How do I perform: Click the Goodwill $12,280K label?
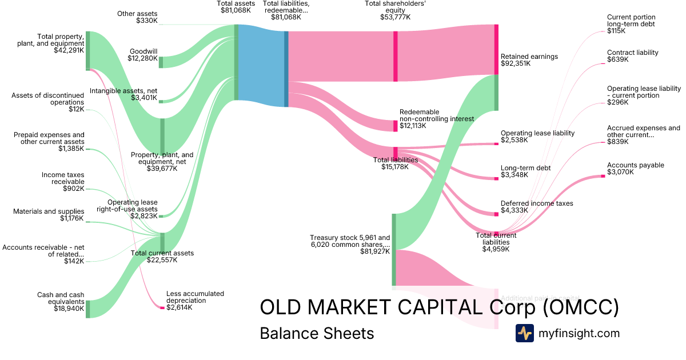pyautogui.click(x=143, y=54)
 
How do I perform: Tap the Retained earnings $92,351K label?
pyautogui.click(x=529, y=60)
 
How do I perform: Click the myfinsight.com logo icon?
pyautogui.click(x=524, y=333)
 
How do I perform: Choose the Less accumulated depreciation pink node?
pyautogui.click(x=162, y=308)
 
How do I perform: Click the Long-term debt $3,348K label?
pyautogui.click(x=525, y=171)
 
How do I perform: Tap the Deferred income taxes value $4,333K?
pyautogui.click(x=514, y=210)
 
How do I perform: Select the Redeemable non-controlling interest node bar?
pyautogui.click(x=395, y=126)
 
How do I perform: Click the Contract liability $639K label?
pyautogui.click(x=632, y=56)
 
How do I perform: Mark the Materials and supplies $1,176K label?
pyautogui.click(x=49, y=215)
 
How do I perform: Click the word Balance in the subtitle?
pyautogui.click(x=286, y=333)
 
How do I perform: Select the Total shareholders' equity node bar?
pyautogui.click(x=395, y=57)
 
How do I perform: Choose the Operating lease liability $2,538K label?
pyautogui.click(x=537, y=137)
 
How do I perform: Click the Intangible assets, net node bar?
pyautogui.click(x=161, y=101)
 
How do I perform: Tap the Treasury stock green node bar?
pyautogui.click(x=393, y=249)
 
